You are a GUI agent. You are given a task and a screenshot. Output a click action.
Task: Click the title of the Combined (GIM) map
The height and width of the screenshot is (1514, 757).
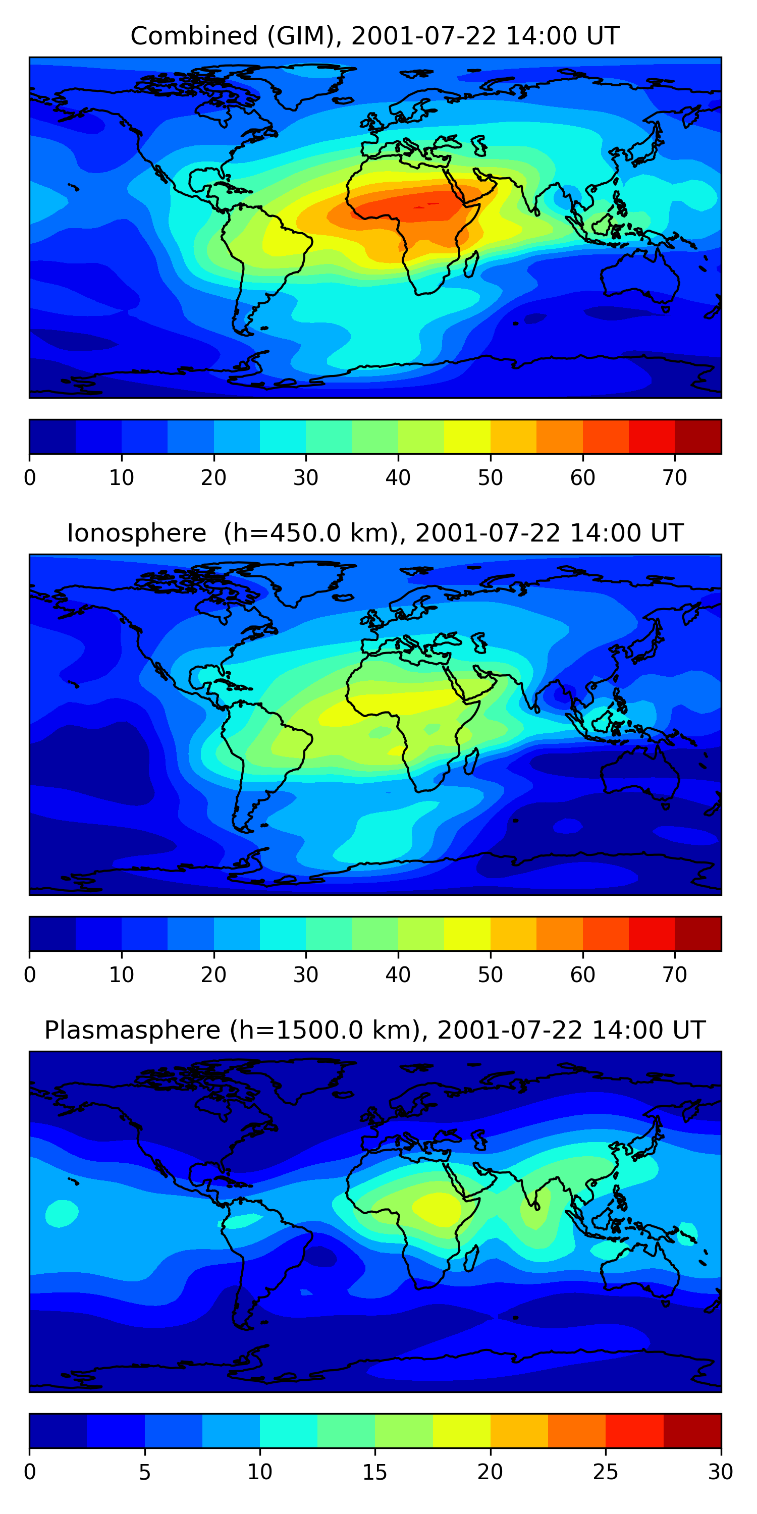375,36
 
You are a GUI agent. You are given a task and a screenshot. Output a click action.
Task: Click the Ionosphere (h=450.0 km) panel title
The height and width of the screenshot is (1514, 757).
375,533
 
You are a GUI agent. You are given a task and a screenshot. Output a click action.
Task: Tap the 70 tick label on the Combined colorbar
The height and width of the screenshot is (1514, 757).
675,478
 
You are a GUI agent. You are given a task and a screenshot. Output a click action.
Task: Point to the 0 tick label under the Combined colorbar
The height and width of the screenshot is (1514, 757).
30,478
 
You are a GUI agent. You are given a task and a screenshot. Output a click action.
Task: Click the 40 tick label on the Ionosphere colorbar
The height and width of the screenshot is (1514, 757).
398,975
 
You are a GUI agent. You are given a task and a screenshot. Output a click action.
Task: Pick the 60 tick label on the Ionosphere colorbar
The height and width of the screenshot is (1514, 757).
582,975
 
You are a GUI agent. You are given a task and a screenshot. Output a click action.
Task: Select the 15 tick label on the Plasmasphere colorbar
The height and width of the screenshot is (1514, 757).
375,1472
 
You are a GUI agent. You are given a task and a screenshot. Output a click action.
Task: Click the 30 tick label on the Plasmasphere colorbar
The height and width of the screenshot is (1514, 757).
721,1472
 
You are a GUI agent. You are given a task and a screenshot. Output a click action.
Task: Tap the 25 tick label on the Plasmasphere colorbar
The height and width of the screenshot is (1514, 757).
606,1472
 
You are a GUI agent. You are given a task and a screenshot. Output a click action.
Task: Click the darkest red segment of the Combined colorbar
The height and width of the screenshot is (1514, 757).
697,437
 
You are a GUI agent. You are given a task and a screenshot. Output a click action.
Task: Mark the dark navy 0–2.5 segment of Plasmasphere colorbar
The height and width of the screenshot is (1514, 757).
58,1431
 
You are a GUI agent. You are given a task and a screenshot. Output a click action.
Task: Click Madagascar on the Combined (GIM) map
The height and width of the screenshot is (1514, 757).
471,264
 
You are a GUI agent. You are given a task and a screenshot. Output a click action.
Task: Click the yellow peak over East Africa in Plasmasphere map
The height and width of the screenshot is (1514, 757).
437,1208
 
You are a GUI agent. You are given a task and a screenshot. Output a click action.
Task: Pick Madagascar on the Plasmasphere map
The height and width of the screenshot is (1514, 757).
471,1258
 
